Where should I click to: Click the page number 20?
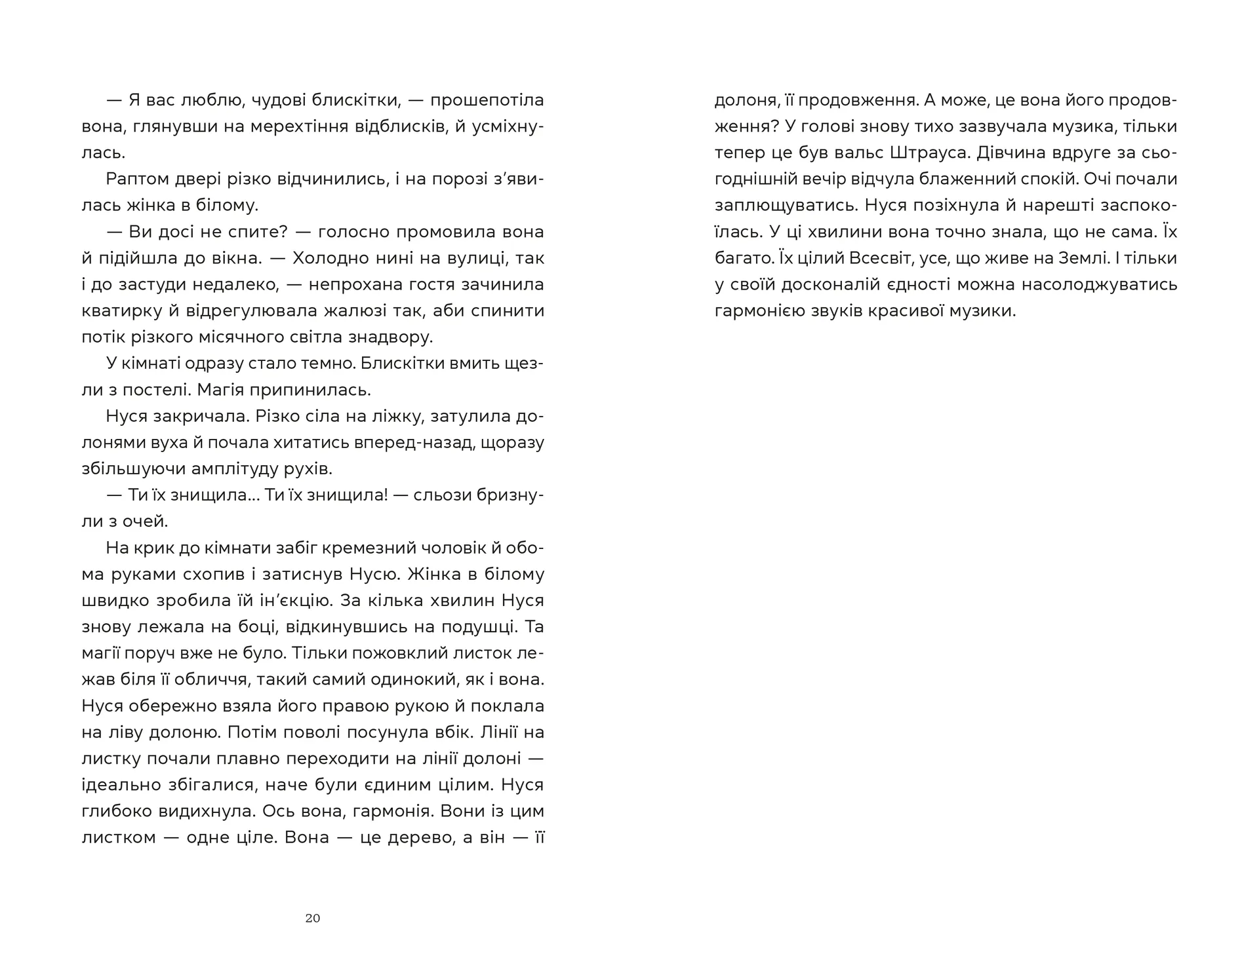pyautogui.click(x=313, y=918)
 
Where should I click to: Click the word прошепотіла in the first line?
pyautogui.click(x=488, y=100)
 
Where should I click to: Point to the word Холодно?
pyautogui.click(x=331, y=258)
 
